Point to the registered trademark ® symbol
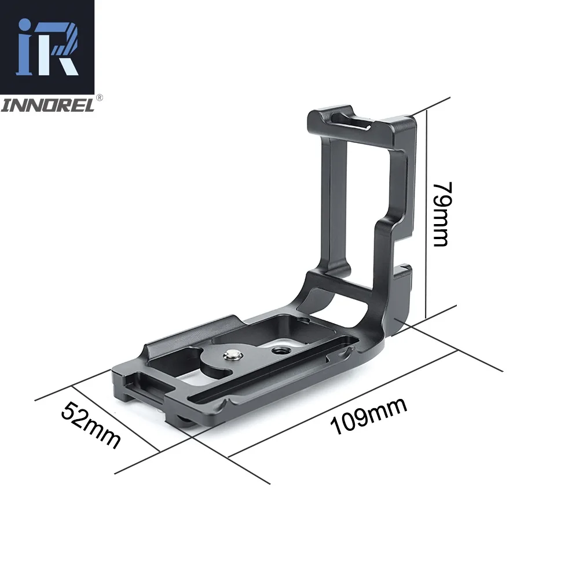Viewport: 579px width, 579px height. [98, 98]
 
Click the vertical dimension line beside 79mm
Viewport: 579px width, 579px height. [427, 214]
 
